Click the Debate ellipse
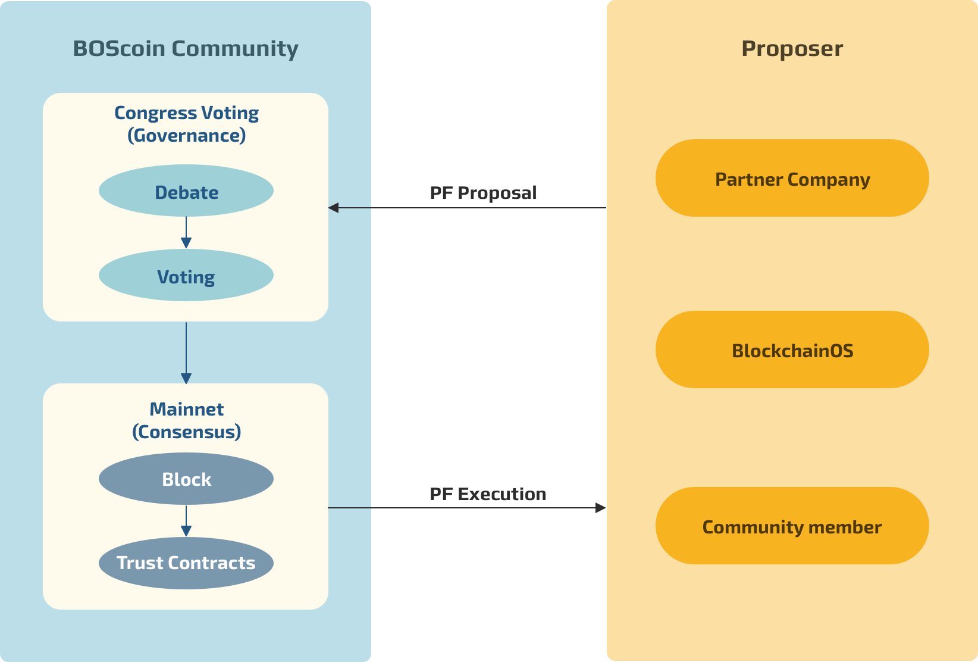[186, 191]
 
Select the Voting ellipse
[186, 276]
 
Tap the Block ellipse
[186, 479]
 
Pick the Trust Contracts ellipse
[186, 563]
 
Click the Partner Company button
[792, 178]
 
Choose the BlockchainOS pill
[792, 349]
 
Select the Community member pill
[792, 526]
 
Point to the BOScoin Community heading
[186, 48]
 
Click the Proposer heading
[792, 48]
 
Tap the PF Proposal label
[483, 193]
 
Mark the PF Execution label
[488, 494]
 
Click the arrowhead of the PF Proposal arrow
[334, 208]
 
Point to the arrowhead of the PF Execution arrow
[601, 508]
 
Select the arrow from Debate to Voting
[186, 233]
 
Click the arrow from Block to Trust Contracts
[186, 522]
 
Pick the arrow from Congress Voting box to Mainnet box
[186, 352]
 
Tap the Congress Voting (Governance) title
[186, 124]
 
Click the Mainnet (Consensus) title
[186, 420]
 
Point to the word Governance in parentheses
[187, 136]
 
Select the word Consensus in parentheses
[187, 432]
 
